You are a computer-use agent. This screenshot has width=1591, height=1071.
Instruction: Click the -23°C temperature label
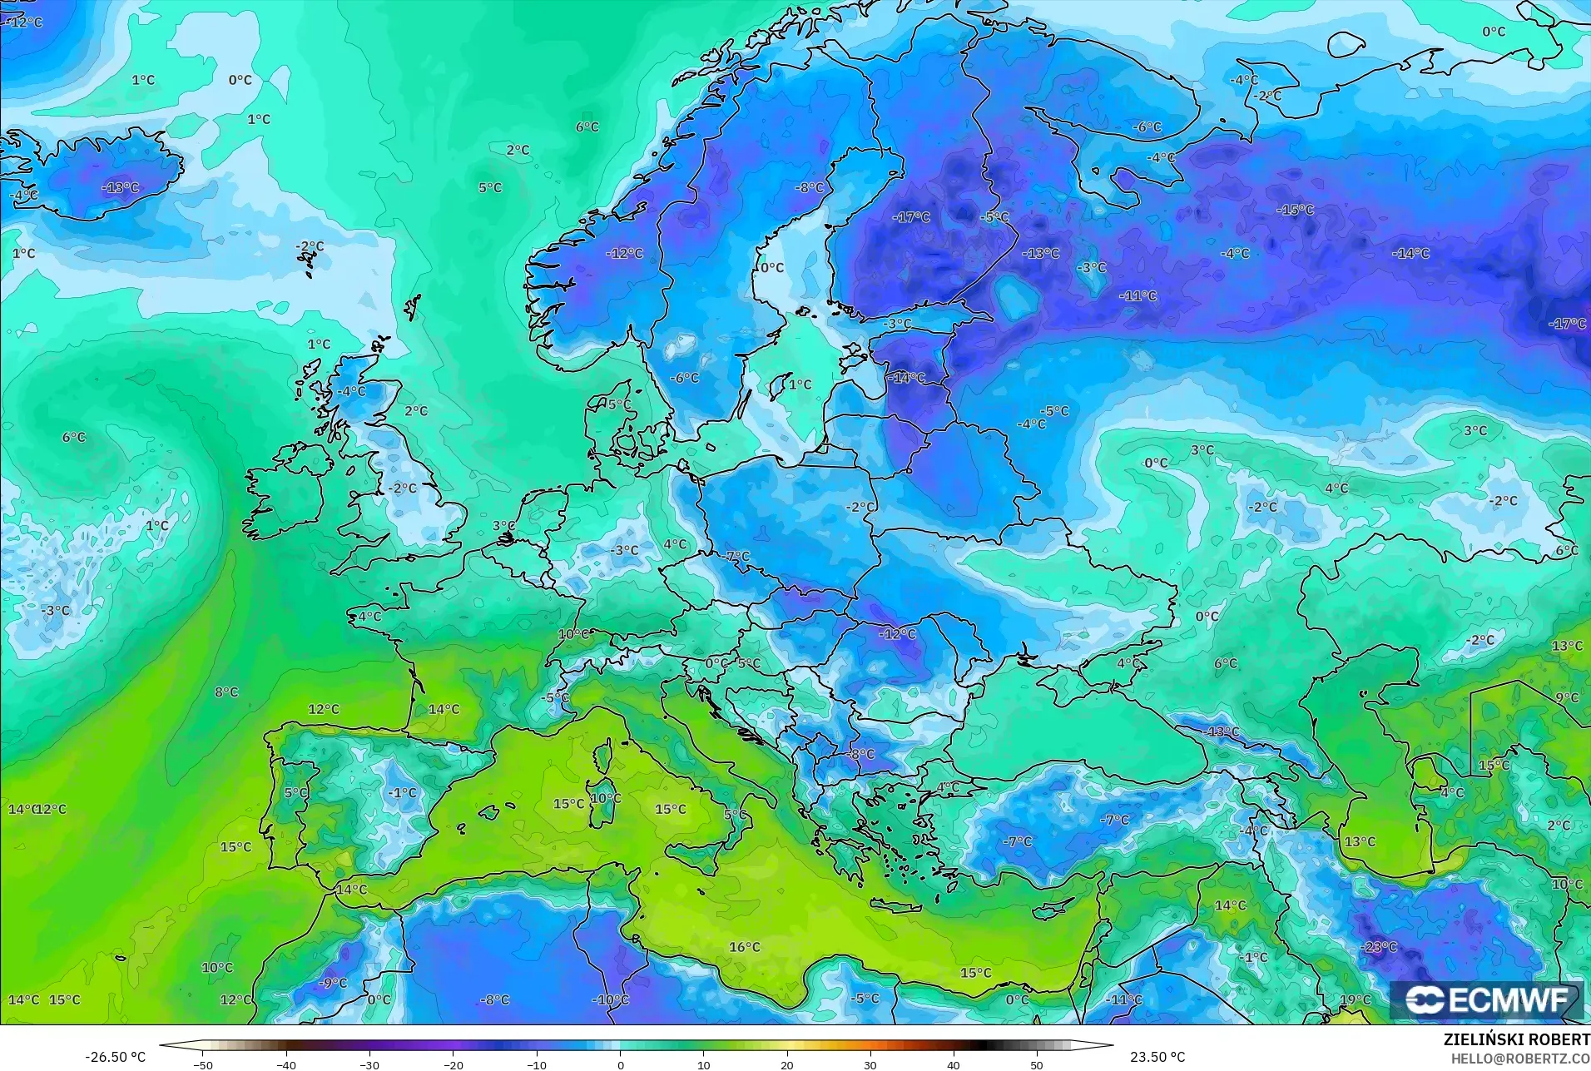point(1379,947)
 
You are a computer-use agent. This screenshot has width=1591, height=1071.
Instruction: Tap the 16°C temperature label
point(744,947)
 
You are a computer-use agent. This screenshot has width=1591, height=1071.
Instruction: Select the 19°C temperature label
point(1355,999)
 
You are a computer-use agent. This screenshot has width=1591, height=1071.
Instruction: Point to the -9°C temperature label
point(333,983)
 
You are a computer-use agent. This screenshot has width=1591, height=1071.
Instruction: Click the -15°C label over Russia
point(1295,210)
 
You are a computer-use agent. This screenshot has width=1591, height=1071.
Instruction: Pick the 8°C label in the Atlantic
point(226,692)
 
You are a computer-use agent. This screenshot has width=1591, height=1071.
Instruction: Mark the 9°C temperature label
point(1567,698)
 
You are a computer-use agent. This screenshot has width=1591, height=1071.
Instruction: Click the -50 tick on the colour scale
point(203,1064)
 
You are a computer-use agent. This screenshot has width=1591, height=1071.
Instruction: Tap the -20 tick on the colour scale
point(454,1064)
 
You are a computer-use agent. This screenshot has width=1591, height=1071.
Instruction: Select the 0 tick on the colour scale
point(621,1064)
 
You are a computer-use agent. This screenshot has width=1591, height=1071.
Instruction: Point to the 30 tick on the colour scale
point(870,1064)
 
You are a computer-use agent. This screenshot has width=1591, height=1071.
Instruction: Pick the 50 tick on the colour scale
point(1037,1064)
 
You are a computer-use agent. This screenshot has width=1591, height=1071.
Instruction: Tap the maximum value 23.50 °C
point(1157,1057)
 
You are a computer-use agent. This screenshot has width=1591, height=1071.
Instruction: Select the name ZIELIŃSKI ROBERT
point(1516,1040)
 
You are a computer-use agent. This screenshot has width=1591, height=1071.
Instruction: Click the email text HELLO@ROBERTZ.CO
point(1520,1059)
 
